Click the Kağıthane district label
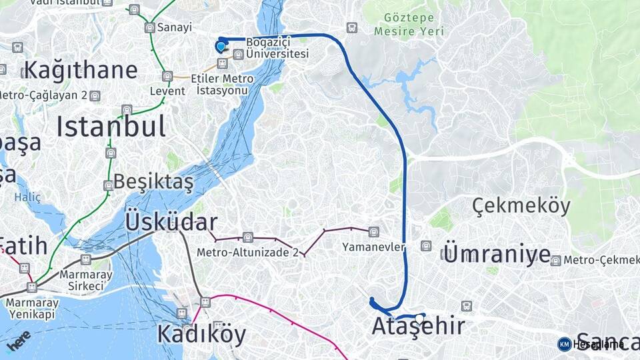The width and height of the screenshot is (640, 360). [x=81, y=70]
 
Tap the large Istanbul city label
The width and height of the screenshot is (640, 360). [x=111, y=126]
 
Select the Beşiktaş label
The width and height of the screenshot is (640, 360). [x=153, y=181]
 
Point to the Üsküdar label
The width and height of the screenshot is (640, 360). [x=171, y=223]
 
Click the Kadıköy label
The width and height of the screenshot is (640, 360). [x=201, y=333]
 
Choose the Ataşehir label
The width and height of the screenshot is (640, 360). [x=418, y=327]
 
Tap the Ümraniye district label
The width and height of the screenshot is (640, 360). [x=497, y=254]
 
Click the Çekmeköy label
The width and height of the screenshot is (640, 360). [x=521, y=206]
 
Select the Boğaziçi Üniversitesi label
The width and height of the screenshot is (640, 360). [x=277, y=47]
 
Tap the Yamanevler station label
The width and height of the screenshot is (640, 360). [x=373, y=247]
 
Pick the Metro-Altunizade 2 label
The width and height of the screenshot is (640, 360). [x=247, y=252]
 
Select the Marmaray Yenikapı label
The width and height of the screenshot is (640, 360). [x=31, y=308]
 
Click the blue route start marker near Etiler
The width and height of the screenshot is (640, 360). [x=221, y=46]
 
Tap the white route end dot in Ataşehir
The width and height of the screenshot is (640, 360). [x=419, y=317]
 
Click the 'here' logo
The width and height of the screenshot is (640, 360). [x=18, y=340]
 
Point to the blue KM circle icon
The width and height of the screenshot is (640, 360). [x=564, y=344]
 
